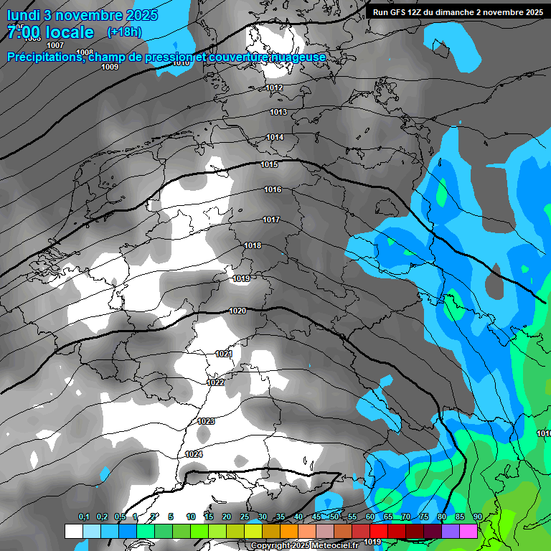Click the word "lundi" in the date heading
point(24,15)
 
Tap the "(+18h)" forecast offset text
point(124,32)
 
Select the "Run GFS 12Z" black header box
point(457,12)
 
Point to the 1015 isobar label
point(269,165)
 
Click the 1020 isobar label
point(237,311)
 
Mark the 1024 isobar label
point(194,454)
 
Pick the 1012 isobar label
point(274,88)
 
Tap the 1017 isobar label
point(271,220)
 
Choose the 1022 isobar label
point(215,382)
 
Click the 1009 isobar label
point(110,67)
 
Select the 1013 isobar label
point(278,112)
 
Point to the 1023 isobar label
point(206,421)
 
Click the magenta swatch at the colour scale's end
point(468,531)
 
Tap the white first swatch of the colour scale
point(73,531)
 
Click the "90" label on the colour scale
point(477,517)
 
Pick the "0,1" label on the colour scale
point(84,517)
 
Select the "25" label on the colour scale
point(245,517)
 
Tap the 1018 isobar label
point(253,246)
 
